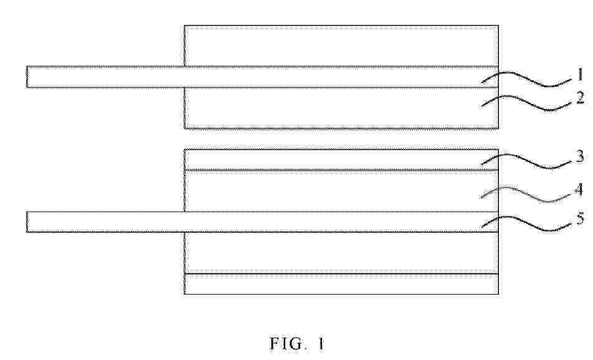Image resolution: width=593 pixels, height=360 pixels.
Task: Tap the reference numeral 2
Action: tap(581, 98)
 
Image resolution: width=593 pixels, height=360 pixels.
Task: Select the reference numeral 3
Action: tap(581, 156)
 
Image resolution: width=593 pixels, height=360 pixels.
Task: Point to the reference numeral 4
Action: tap(579, 189)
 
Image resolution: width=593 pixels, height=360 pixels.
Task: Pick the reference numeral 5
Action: tap(581, 218)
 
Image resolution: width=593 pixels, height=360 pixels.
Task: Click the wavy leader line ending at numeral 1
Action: tap(526, 78)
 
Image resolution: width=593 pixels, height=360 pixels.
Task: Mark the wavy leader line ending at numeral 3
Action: tap(526, 161)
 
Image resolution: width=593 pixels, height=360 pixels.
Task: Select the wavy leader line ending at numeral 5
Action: tap(526, 224)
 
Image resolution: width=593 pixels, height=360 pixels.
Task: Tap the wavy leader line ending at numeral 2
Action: tap(526, 103)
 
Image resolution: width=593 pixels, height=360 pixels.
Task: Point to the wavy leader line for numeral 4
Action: tap(526, 194)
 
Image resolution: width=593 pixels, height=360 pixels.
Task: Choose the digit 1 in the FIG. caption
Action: tap(320, 343)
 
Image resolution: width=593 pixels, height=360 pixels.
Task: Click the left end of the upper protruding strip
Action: tap(26, 77)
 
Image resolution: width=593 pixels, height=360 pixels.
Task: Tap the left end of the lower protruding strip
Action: tap(26, 222)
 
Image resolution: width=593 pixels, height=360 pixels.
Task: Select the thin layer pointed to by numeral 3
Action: tap(341, 159)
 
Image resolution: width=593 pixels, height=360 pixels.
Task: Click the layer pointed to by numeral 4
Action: tap(341, 191)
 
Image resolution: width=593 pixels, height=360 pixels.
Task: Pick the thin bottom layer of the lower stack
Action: tap(341, 284)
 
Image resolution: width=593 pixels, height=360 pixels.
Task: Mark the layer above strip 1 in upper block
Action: tap(341, 45)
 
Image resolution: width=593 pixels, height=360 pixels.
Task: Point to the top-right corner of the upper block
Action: tap(498, 26)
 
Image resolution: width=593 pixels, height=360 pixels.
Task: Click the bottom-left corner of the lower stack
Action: tap(184, 294)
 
